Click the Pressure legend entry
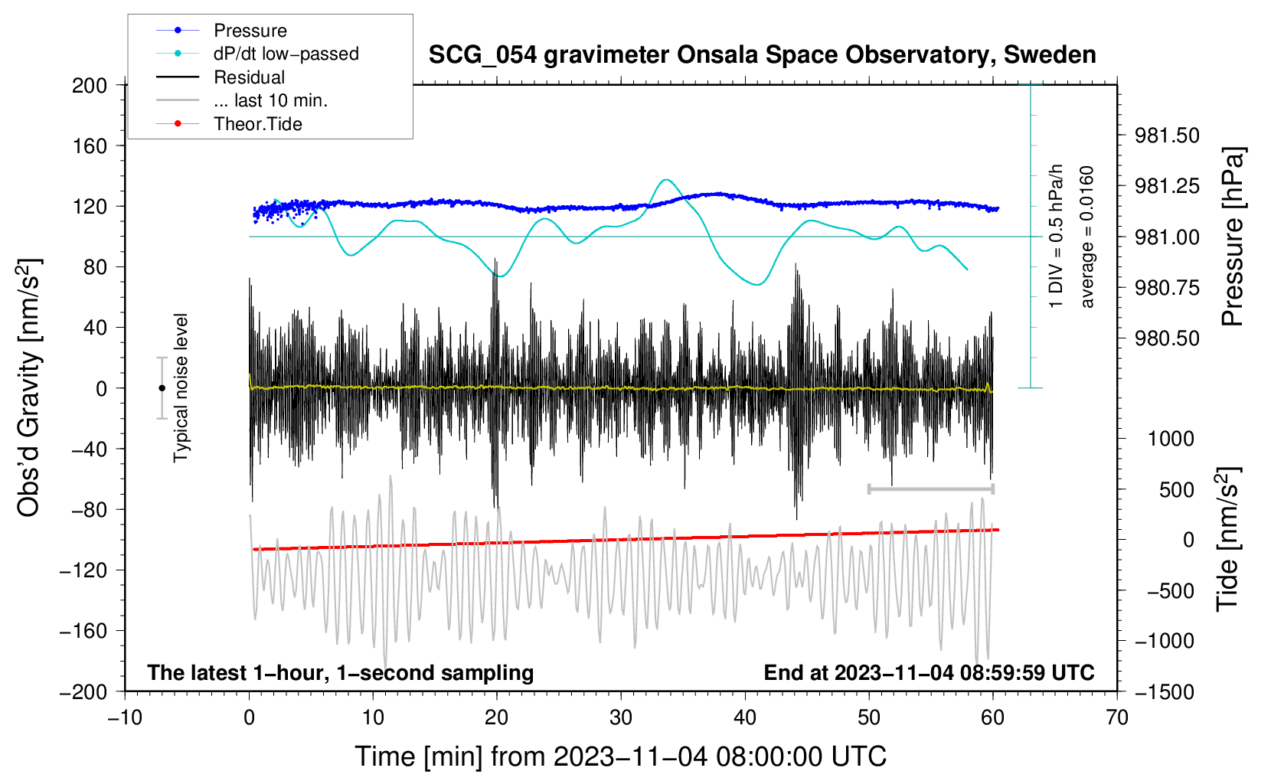click(x=250, y=31)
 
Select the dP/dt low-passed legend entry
click(x=286, y=54)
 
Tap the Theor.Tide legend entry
click(x=257, y=124)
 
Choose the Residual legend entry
click(x=249, y=77)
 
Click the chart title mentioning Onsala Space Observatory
click(x=762, y=55)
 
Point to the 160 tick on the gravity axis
click(x=90, y=145)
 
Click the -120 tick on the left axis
click(x=83, y=570)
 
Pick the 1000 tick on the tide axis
click(x=1171, y=439)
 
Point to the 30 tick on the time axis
click(x=621, y=717)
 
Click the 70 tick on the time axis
click(x=1117, y=717)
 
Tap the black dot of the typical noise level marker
click(x=162, y=388)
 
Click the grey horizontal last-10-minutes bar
click(x=930, y=489)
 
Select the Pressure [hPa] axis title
click(x=1233, y=237)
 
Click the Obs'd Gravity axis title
click(x=29, y=388)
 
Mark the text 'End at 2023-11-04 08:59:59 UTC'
click(x=929, y=672)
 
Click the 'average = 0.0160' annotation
click(x=1087, y=237)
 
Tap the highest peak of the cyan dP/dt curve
click(x=667, y=180)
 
